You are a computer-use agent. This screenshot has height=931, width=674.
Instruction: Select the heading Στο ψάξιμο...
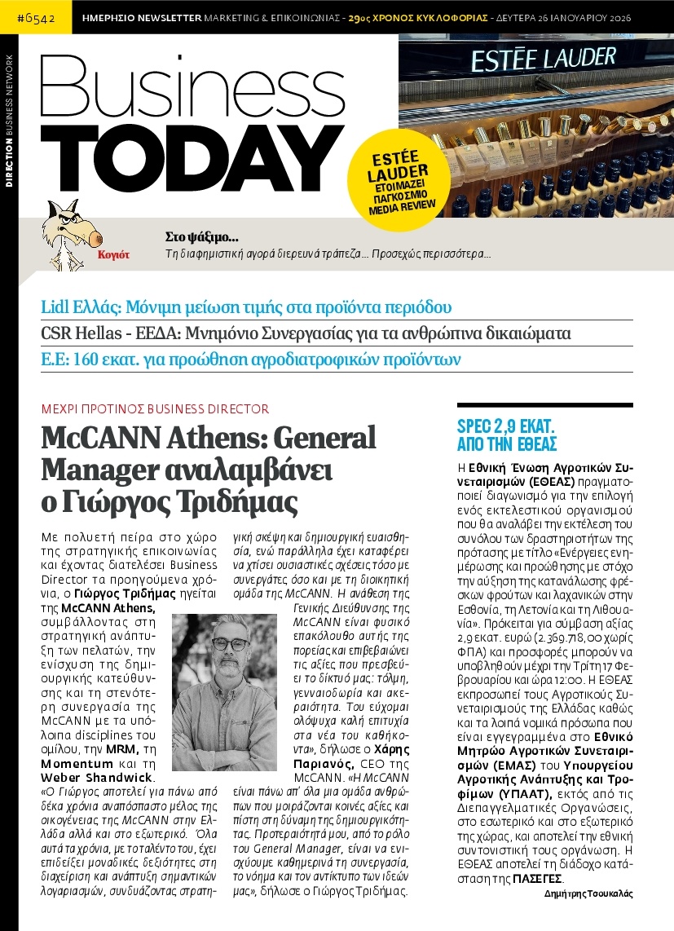pyautogui.click(x=201, y=238)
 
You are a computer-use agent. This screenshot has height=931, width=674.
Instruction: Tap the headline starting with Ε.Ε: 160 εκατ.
pyautogui.click(x=252, y=359)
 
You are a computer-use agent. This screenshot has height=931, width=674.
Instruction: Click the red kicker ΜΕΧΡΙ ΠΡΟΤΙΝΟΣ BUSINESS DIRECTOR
pyautogui.click(x=155, y=409)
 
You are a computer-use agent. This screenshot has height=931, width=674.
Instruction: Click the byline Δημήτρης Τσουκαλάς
pyautogui.click(x=588, y=893)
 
